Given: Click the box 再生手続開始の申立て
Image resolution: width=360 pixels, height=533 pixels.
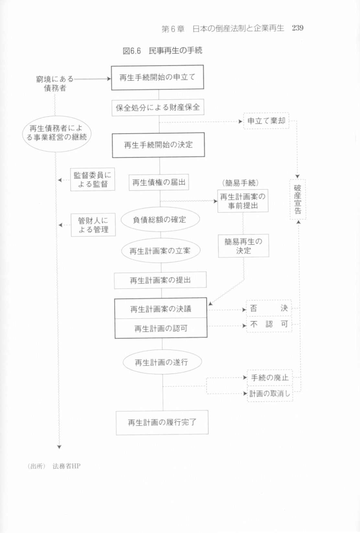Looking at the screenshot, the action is point(157,77).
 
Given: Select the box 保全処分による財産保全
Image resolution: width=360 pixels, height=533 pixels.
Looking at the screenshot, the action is point(158,108).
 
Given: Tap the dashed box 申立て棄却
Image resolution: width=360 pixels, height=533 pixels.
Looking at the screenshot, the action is point(266,121).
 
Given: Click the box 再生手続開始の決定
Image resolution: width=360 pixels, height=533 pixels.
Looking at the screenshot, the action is point(158,145).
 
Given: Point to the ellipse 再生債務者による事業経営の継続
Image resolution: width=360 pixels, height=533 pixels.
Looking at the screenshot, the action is point(57,134).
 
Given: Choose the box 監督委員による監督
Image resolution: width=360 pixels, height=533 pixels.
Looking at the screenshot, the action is point(93,180).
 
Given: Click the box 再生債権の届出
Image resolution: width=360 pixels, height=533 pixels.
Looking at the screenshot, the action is point(159,182).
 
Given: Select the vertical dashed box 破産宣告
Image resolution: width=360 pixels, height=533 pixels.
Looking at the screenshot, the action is point(298,199).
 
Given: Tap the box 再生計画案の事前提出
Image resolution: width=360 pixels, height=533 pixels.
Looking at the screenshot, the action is point(243,201).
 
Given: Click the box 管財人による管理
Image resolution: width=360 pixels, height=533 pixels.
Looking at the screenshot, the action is point(93,225).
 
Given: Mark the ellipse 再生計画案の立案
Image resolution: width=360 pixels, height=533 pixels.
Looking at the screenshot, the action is point(161,250).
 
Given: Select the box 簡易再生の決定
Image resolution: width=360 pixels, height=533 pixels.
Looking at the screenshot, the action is point(243,246).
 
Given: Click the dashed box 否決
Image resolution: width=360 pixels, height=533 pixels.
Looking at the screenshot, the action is point(269,308).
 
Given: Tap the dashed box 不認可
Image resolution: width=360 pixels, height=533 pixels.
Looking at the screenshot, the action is point(269,324).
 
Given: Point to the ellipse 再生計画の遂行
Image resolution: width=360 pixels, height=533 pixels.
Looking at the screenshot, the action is point(162,362).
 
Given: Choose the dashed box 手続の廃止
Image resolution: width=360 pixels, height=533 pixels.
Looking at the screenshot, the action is point(270,377).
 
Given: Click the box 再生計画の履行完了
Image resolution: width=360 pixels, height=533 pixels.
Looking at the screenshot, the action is point(162,423).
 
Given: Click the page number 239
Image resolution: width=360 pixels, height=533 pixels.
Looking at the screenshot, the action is point(298,28).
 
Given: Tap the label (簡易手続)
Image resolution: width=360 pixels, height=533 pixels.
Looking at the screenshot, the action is point(241,183).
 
